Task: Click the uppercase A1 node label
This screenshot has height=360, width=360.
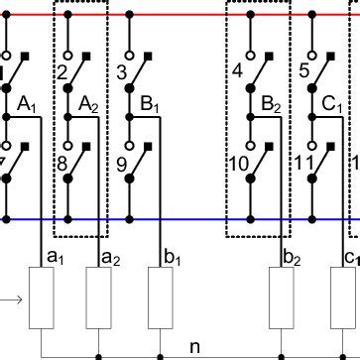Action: pos(27,103)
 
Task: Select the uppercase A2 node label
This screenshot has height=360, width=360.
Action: pos(87,103)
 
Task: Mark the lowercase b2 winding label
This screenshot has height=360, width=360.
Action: pos(292,258)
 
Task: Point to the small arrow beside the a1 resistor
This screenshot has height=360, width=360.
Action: pos(9,296)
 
